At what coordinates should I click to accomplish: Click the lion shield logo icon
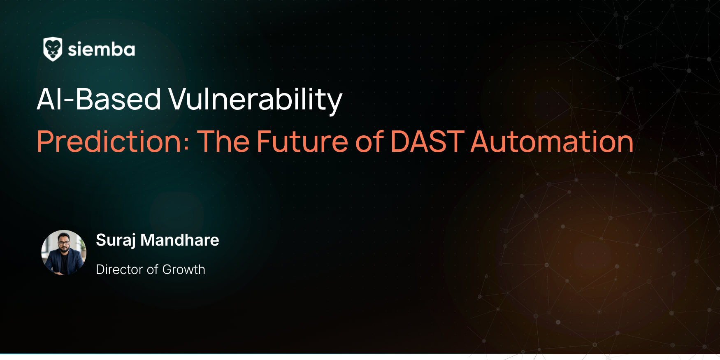[53, 49]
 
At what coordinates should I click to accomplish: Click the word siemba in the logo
[101, 49]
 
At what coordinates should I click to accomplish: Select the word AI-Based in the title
[99, 99]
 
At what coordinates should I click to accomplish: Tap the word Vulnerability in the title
[255, 100]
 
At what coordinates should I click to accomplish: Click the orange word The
[224, 142]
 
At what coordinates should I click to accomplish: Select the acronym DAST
[427, 142]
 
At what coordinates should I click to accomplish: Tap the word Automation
[552, 142]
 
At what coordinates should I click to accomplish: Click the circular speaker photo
[64, 253]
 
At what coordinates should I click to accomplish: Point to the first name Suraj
[116, 240]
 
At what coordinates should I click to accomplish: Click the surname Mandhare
[180, 240]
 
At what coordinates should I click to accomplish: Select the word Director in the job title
[119, 269]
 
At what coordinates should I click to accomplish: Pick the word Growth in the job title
[183, 269]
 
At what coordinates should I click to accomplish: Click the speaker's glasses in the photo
[64, 243]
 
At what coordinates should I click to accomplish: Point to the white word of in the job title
[153, 269]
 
